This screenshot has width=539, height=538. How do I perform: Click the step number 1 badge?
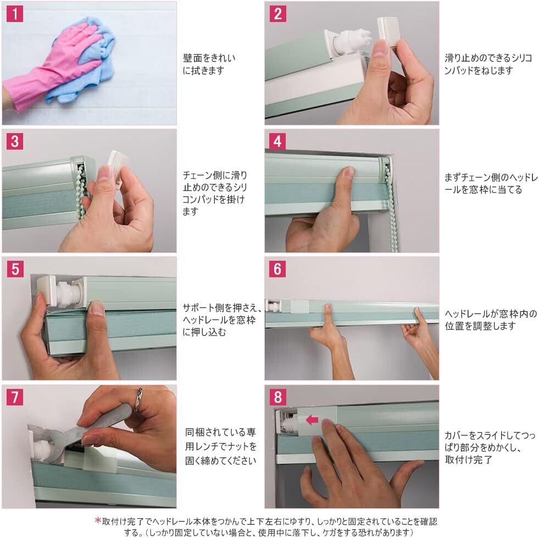(15, 14)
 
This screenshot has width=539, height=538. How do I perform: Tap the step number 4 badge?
(277, 141)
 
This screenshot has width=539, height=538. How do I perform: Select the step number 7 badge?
(15, 397)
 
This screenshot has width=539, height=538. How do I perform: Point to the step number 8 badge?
(277, 397)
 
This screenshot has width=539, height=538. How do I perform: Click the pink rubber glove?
(52, 69)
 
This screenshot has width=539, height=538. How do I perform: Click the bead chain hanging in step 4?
(391, 203)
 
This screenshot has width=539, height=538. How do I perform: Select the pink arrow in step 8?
(312, 420)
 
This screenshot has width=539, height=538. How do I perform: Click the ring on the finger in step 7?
(138, 399)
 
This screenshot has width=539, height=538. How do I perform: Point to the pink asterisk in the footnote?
(98, 521)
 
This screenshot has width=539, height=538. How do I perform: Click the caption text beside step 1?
(209, 64)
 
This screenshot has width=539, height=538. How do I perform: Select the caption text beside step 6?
(491, 320)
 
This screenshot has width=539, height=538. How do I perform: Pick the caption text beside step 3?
(215, 193)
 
